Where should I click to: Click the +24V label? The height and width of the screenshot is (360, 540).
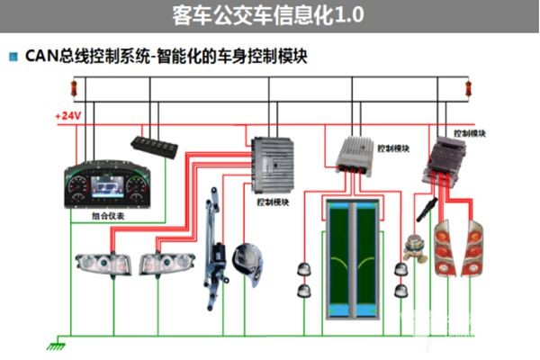click(x=68, y=116)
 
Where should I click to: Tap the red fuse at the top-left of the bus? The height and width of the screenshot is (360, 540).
click(x=75, y=88)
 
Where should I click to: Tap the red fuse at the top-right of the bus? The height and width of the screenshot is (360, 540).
click(x=467, y=88)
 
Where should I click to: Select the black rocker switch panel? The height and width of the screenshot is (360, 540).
click(x=158, y=144)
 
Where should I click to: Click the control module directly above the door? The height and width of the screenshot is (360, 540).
click(x=361, y=155)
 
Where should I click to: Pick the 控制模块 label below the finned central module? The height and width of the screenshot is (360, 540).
click(x=272, y=202)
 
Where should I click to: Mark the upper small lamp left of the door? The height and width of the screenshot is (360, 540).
click(x=303, y=267)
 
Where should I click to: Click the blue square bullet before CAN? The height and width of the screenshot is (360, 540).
click(x=13, y=57)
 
